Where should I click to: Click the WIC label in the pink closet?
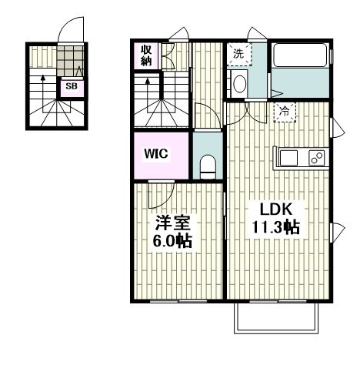156,153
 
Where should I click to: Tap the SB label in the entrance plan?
72,86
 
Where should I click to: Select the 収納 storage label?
146,55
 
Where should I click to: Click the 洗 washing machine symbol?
238,54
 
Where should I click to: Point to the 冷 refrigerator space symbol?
285,112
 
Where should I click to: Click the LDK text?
276,209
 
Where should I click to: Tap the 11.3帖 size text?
276,227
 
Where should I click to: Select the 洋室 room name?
172,223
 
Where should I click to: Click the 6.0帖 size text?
172,240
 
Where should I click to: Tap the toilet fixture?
208,166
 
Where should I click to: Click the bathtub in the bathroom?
301,55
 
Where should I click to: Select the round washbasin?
240,83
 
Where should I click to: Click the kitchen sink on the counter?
288,158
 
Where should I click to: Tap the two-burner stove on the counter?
317,158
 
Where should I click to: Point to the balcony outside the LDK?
276,318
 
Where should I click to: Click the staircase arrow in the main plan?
148,95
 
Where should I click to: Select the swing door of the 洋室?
162,194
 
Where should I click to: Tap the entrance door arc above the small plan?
71,30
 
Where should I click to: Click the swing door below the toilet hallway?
207,116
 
